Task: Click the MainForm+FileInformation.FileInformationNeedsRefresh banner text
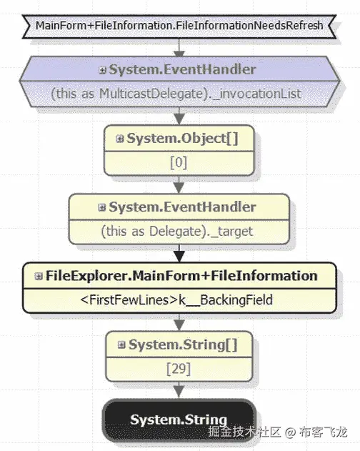[179, 26]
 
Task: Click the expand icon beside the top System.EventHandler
[102, 70]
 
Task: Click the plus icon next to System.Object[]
[119, 139]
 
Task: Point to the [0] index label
[178, 162]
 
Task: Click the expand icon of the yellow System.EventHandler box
[102, 207]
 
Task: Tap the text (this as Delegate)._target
[178, 231]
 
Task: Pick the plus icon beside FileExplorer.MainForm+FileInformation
[38, 276]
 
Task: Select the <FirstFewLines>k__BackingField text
[179, 299]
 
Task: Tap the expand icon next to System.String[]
[121, 345]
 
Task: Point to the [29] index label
[178, 368]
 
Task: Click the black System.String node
[179, 420]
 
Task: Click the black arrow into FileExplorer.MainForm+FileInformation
[179, 254]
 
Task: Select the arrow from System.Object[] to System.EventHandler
[179, 185]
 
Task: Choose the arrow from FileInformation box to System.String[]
[179, 322]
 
